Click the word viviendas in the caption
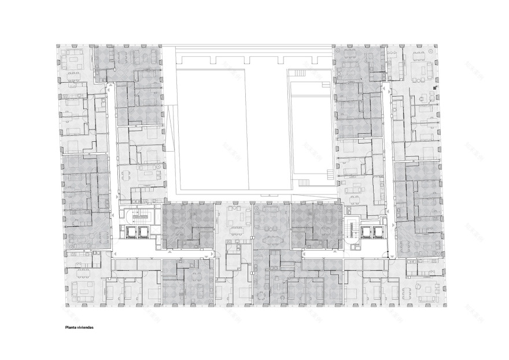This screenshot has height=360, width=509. point(86,327)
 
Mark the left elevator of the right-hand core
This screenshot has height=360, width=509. point(366,232)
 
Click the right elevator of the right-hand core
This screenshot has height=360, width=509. point(379,232)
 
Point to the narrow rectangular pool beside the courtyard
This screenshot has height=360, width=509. point(310,133)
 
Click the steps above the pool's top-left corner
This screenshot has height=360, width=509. point(298,72)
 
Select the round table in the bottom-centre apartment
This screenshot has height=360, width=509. point(260,296)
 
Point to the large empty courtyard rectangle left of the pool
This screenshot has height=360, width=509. point(211,130)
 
